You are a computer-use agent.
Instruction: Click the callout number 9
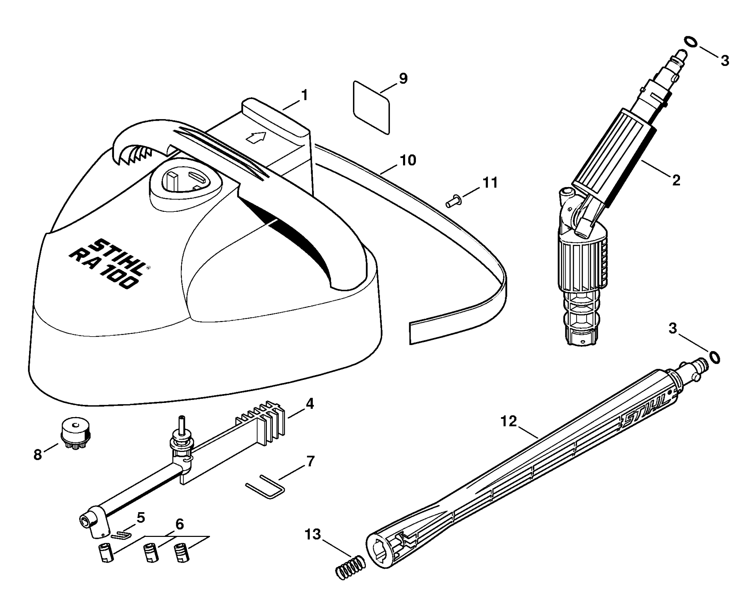(x=403, y=78)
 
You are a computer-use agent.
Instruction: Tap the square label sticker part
(x=372, y=107)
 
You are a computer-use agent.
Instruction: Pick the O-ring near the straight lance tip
(x=714, y=358)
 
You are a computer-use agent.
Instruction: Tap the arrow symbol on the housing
(x=256, y=137)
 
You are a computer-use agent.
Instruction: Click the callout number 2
(x=676, y=180)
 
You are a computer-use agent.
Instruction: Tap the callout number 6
(x=180, y=524)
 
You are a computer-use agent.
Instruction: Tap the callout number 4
(x=310, y=404)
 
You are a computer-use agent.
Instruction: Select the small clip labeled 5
(x=121, y=535)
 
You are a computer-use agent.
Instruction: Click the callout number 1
(x=304, y=95)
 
